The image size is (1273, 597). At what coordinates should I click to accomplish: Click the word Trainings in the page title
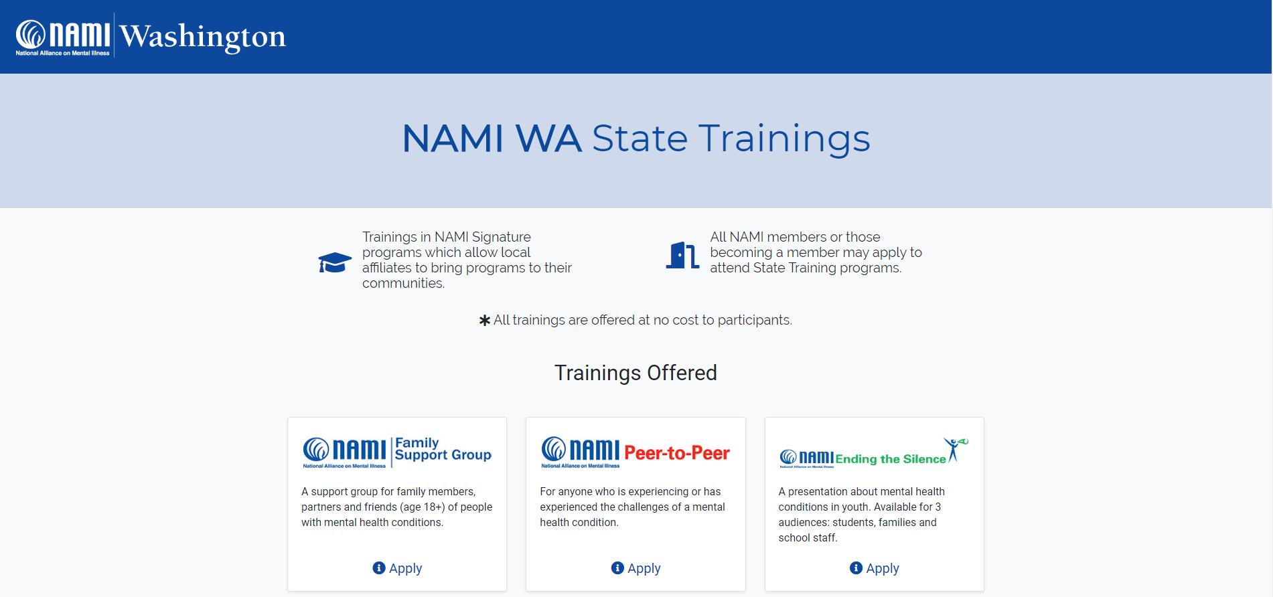coord(784,139)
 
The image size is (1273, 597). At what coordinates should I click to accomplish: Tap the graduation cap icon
coord(335,262)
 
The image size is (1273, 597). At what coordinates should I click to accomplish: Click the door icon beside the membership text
coord(682,255)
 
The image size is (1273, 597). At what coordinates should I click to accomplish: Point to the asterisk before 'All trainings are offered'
coord(485,321)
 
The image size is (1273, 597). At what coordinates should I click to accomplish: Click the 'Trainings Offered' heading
coord(635,373)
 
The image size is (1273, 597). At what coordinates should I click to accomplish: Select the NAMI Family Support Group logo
coord(397,452)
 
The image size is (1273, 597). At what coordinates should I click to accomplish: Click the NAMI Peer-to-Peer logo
coord(635,452)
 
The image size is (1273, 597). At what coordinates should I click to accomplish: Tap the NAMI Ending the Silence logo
coord(873,453)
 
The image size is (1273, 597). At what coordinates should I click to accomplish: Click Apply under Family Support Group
coord(405,568)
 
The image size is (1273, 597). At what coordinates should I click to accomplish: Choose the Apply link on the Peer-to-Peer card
coord(644,568)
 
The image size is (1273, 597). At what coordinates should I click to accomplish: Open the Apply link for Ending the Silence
coord(882,568)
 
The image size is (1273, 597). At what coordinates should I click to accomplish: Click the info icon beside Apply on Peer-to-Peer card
coord(617,568)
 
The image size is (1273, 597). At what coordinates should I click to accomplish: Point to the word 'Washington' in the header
coord(203,36)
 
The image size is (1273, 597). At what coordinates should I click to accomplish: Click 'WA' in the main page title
coord(548,139)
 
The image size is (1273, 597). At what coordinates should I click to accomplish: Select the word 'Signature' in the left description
coord(501,237)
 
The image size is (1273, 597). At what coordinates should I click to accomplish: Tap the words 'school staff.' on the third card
coord(808,538)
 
